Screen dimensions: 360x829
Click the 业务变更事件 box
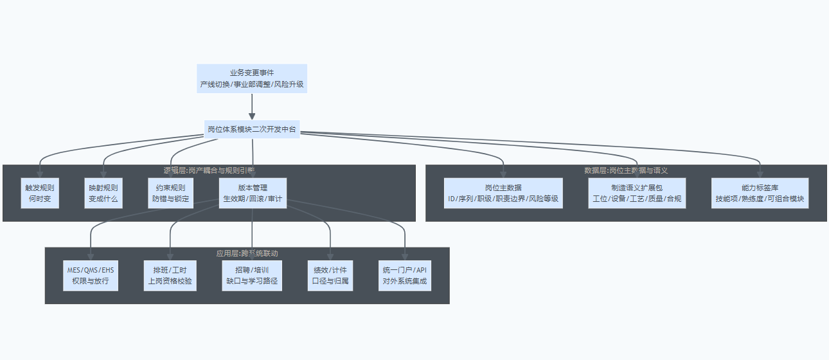click(x=252, y=78)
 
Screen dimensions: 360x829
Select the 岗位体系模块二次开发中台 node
click(x=252, y=129)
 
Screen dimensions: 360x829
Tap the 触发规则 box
click(x=40, y=194)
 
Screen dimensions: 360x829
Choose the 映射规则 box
click(x=103, y=194)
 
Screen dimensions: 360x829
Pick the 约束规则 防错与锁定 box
click(x=171, y=194)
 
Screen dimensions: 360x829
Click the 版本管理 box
click(x=253, y=194)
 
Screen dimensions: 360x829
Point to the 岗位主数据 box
click(x=503, y=194)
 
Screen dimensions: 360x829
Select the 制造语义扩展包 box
click(x=637, y=194)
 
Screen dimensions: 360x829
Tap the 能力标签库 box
click(x=760, y=194)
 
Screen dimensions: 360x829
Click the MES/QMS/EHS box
click(x=91, y=275)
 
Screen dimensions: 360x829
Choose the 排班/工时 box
click(x=170, y=275)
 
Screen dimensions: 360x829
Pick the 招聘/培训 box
click(x=252, y=275)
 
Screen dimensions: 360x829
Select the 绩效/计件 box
click(x=330, y=275)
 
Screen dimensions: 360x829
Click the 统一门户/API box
click(x=405, y=275)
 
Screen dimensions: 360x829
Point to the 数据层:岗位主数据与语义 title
click(x=626, y=171)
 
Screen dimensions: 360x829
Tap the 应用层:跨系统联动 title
click(x=247, y=253)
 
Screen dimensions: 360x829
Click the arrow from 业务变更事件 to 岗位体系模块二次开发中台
click(x=252, y=106)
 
